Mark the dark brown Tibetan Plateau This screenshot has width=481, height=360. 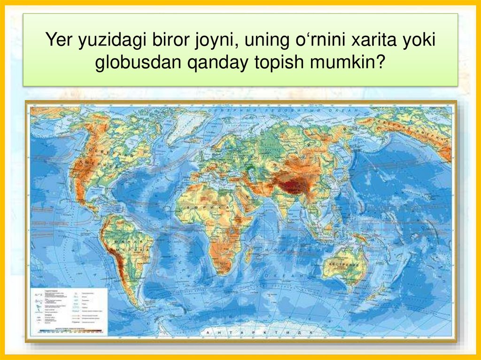tap(291, 184)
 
